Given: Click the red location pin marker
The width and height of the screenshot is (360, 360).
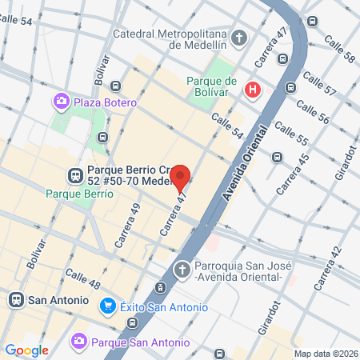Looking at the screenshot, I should tap(180, 178).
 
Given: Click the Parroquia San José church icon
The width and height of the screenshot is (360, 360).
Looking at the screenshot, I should tap(182, 269).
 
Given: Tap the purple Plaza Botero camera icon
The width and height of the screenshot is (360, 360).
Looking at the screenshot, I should tap(60, 102).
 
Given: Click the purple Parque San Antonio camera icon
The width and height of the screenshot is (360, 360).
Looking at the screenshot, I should tap(78, 342).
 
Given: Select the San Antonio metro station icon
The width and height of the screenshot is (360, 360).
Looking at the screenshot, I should tap(15, 300).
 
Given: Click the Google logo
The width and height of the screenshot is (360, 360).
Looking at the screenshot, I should tap(26, 350).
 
